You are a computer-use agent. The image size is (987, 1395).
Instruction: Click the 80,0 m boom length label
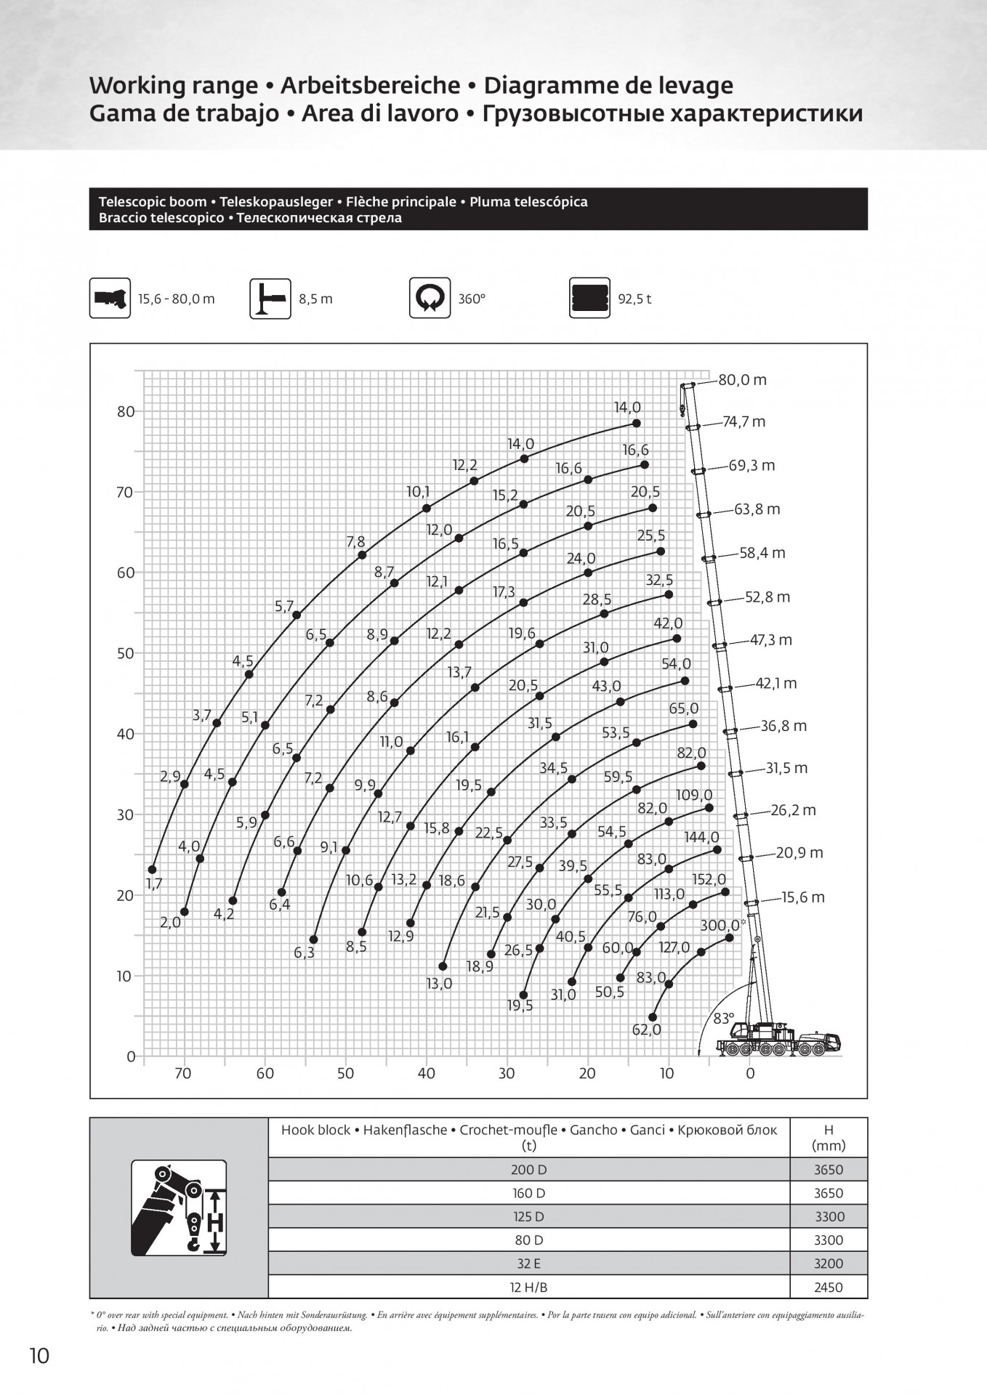click(742, 380)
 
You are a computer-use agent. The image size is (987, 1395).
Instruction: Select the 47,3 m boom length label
click(770, 640)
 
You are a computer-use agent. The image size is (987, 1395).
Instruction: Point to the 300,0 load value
click(720, 925)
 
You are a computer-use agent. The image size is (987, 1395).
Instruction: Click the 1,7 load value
click(154, 884)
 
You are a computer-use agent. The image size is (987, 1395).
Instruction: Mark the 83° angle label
click(723, 1019)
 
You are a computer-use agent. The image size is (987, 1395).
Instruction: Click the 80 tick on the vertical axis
click(126, 411)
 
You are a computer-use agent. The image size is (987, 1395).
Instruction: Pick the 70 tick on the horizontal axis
click(183, 1074)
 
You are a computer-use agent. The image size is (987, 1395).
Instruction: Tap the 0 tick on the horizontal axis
click(751, 1074)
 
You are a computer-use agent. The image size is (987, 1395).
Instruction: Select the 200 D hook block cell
click(528, 1170)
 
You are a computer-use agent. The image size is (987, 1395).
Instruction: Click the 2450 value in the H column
click(828, 1287)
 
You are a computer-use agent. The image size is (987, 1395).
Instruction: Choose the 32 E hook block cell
click(528, 1263)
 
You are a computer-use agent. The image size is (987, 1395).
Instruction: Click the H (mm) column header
click(828, 1138)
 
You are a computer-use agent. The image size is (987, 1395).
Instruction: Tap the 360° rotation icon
click(430, 298)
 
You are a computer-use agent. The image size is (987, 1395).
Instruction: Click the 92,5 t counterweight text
click(634, 299)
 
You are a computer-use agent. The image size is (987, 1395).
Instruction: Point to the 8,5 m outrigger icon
click(270, 298)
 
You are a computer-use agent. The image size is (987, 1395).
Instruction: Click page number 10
click(39, 1356)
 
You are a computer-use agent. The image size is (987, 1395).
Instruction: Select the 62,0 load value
click(646, 1030)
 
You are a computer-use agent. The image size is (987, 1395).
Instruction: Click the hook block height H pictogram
click(179, 1208)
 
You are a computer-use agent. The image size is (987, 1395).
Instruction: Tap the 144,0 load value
click(701, 838)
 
